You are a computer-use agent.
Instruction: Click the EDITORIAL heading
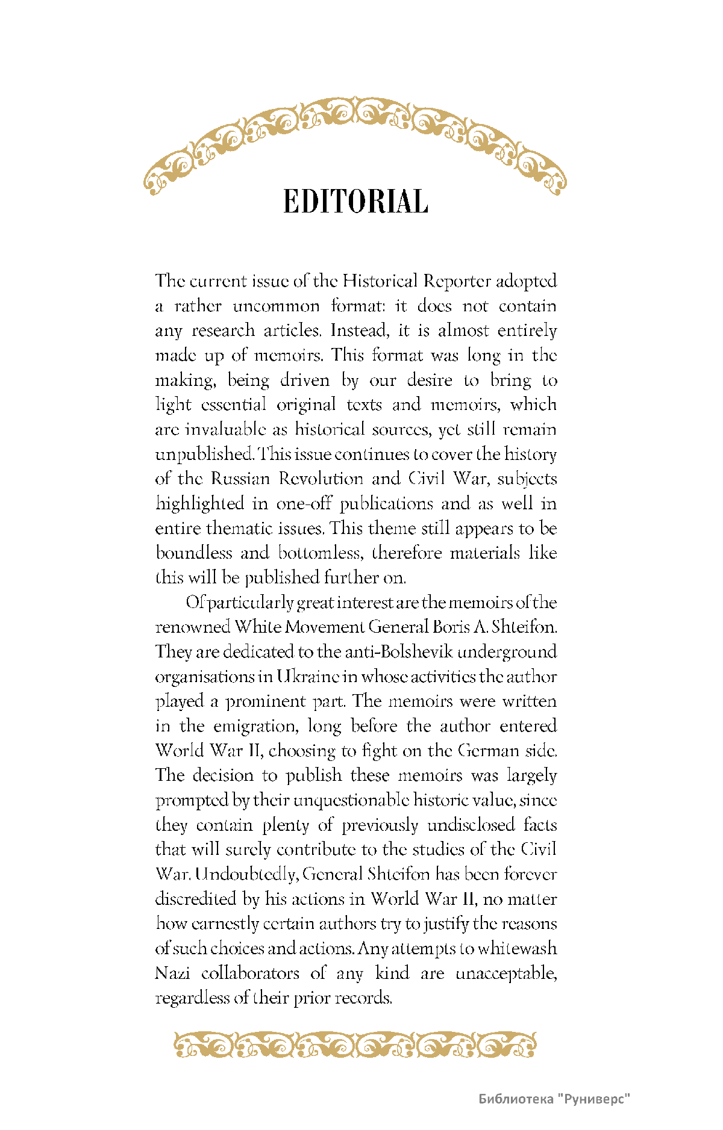tap(355, 202)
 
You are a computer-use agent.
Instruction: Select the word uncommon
tap(276, 306)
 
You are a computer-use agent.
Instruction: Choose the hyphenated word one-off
tap(304, 503)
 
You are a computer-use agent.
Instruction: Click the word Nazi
tap(173, 973)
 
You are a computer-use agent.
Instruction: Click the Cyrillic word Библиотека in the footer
tap(516, 1099)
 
